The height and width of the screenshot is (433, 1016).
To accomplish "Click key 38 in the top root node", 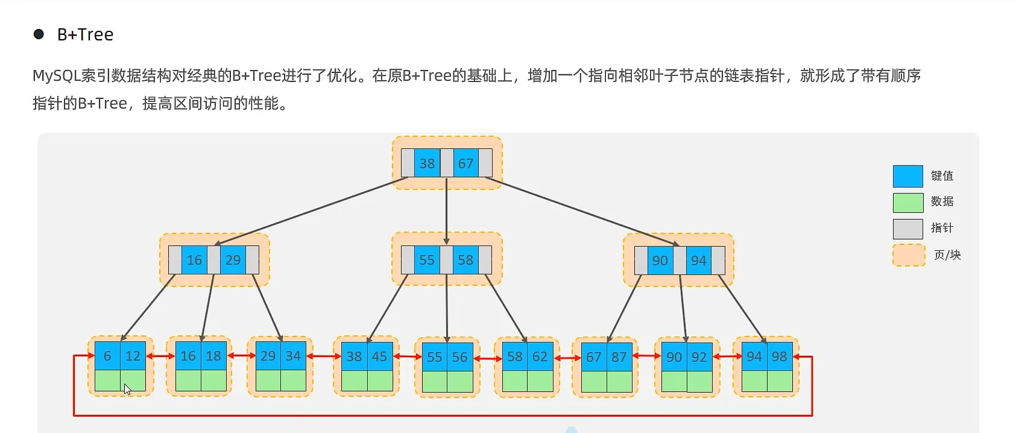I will (x=427, y=163).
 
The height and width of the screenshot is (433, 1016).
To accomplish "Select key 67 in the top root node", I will (x=465, y=163).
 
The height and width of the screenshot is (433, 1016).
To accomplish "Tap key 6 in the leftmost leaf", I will (x=107, y=356).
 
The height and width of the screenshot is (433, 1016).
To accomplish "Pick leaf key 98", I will (x=780, y=356).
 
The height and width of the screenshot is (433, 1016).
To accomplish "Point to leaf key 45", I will (x=380, y=356).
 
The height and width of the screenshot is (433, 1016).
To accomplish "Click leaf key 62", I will (x=540, y=356).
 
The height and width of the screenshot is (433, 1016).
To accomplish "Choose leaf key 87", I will (x=619, y=357).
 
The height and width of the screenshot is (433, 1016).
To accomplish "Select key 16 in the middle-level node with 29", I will (x=194, y=260).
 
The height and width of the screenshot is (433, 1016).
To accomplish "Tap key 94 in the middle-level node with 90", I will (x=699, y=261).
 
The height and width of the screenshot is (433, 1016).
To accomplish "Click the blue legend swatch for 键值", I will (x=907, y=176).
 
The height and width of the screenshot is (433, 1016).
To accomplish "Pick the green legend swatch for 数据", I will (x=907, y=203).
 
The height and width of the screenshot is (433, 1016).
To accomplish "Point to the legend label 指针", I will (x=942, y=228).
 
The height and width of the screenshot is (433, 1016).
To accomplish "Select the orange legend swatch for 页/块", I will (x=908, y=255).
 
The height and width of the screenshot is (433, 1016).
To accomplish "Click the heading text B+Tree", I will (x=85, y=35).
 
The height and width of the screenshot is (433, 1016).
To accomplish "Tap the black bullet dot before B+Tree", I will (x=39, y=34).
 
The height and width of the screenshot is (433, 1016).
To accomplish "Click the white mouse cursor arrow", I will (x=127, y=389).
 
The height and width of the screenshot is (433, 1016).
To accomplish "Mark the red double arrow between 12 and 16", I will (x=160, y=356).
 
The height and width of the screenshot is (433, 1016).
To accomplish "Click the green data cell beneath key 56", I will (x=460, y=381).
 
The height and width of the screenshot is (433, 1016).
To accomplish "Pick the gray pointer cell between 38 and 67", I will (x=446, y=163).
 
